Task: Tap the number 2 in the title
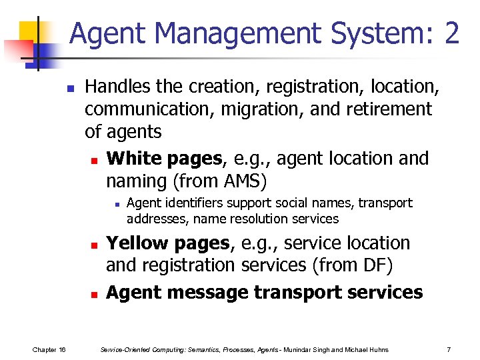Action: (x=451, y=32)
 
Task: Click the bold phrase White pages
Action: (x=163, y=159)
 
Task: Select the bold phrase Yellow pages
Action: (x=167, y=243)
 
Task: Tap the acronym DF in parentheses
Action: (x=376, y=265)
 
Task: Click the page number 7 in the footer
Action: (x=449, y=349)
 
